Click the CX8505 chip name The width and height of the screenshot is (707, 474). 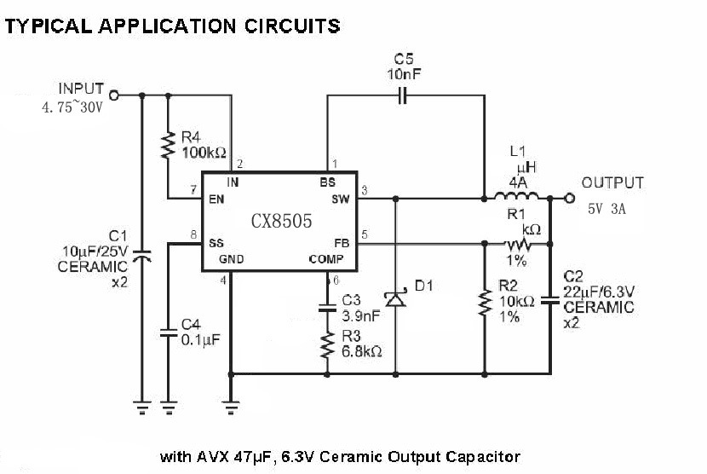coord(281,221)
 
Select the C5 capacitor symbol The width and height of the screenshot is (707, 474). coord(405,96)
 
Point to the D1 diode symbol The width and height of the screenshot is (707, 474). coord(394,298)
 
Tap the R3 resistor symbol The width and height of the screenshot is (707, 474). coord(327,345)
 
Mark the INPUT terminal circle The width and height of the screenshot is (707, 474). coord(114,96)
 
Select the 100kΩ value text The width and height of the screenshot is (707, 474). coord(204,153)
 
